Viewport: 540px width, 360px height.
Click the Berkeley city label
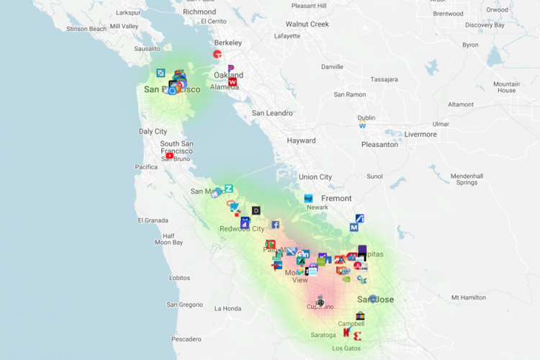[228, 42]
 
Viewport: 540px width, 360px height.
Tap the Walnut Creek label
[307, 24]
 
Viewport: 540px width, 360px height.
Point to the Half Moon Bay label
[168, 239]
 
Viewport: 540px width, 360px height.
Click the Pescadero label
[186, 338]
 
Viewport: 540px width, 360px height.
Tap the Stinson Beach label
[86, 29]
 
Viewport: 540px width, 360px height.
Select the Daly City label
[153, 132]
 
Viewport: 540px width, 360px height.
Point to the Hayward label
[301, 141]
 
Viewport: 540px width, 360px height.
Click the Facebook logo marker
[275, 225]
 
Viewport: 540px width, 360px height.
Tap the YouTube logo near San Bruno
[170, 156]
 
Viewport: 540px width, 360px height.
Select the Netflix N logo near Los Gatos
[346, 333]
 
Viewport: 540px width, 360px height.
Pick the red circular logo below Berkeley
[217, 54]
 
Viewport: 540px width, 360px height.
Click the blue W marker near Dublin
[363, 125]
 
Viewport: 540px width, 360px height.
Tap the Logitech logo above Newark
[308, 198]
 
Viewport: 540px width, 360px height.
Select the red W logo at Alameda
[233, 82]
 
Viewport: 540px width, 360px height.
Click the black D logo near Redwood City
[256, 211]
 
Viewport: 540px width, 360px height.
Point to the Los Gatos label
[346, 348]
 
